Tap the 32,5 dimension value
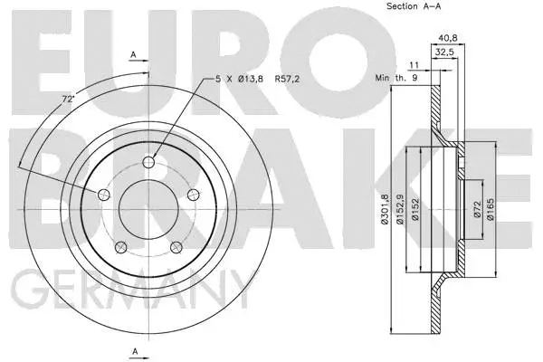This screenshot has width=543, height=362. pos(444,52)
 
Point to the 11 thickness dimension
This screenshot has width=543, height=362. pos(413,67)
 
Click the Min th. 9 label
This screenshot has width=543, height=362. pos(395,79)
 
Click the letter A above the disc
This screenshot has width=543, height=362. pos(134,56)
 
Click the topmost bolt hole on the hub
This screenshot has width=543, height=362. pos(149,162)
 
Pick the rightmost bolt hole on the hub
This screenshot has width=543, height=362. pos(193,196)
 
